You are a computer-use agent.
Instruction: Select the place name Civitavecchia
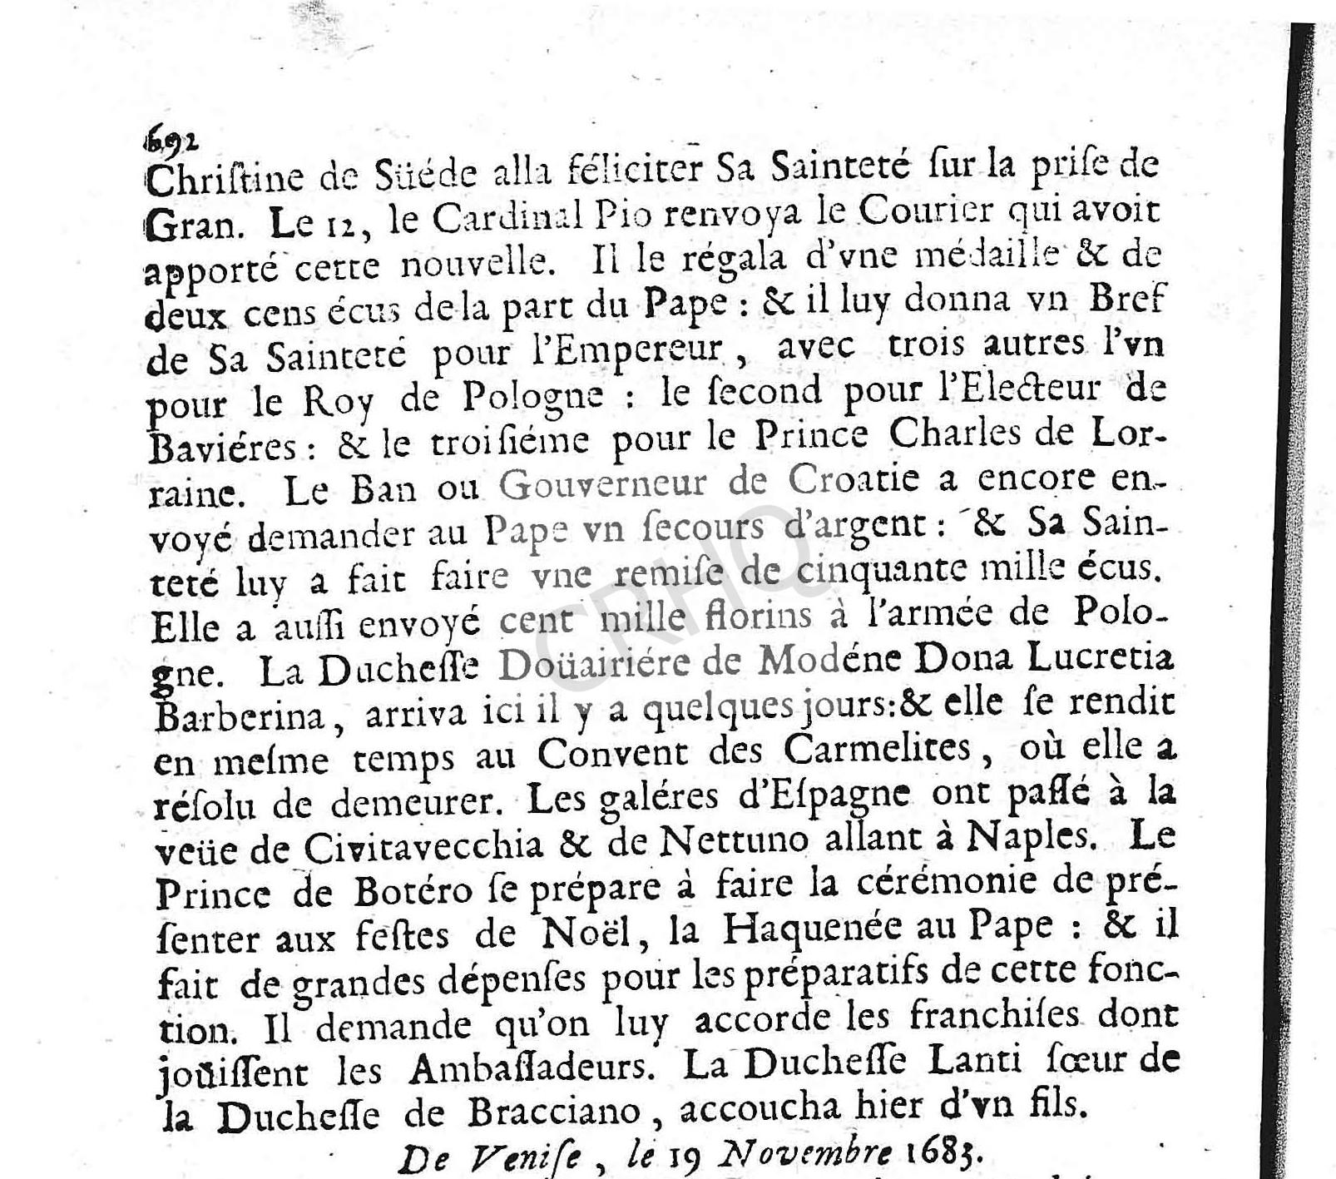(423, 847)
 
